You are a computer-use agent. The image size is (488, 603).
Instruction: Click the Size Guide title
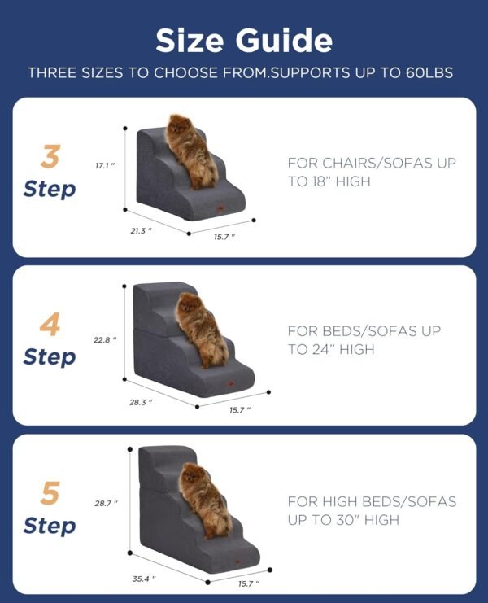(x=243, y=40)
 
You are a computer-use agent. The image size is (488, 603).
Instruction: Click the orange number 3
(x=50, y=156)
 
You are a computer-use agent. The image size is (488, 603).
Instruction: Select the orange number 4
(x=50, y=325)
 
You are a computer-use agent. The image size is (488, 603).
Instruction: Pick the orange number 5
(x=50, y=493)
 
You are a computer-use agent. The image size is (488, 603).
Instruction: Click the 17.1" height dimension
(x=105, y=165)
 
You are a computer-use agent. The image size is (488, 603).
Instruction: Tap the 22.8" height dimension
(x=105, y=339)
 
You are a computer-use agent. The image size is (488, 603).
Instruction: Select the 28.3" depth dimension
(x=140, y=401)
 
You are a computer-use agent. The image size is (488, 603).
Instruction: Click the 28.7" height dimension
(x=106, y=504)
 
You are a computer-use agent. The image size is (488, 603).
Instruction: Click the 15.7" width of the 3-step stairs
(x=224, y=237)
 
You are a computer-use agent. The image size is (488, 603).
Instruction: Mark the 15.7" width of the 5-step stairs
(x=248, y=583)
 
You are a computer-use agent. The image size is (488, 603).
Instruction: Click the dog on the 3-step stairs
(x=192, y=149)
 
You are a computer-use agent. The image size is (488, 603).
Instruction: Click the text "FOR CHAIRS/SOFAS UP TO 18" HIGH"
(x=371, y=172)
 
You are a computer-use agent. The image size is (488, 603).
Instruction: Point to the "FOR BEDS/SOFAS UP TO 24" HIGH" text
(x=364, y=340)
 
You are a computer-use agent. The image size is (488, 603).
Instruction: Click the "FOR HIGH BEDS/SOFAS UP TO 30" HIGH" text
(x=372, y=510)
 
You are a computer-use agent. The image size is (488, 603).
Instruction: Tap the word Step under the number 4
(x=50, y=357)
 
